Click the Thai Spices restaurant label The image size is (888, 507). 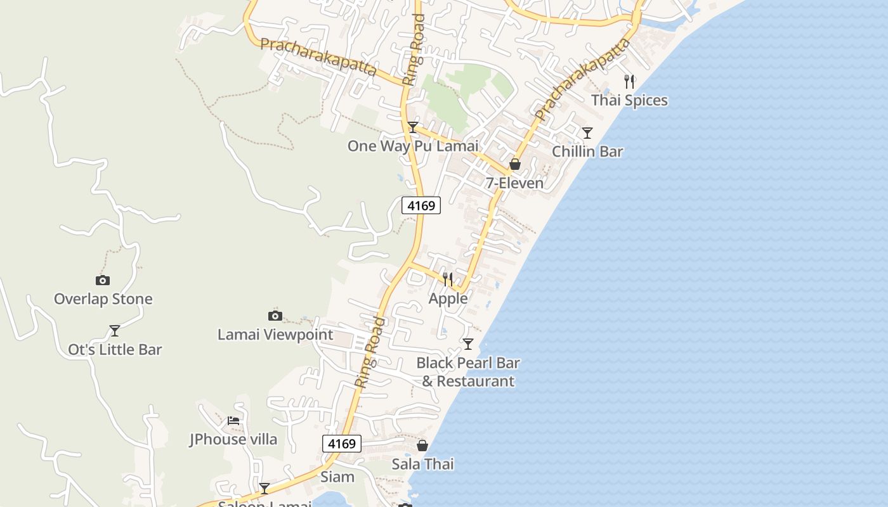pyautogui.click(x=629, y=100)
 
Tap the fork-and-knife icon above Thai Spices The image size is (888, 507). pyautogui.click(x=629, y=81)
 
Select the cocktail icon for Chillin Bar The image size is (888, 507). pyautogui.click(x=587, y=133)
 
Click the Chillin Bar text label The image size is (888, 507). pyautogui.click(x=587, y=151)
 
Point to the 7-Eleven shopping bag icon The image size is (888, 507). pyautogui.click(x=515, y=165)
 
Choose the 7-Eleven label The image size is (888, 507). pyautogui.click(x=514, y=183)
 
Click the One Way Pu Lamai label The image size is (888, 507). pyautogui.click(x=413, y=146)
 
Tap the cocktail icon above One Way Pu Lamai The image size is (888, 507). pyautogui.click(x=413, y=127)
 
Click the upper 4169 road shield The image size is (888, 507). pyautogui.click(x=421, y=205)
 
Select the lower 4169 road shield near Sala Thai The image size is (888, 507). pyautogui.click(x=342, y=444)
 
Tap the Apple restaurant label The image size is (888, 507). pyautogui.click(x=448, y=298)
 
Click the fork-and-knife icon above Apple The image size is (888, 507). pyautogui.click(x=448, y=279)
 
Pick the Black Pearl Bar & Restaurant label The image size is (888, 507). pyautogui.click(x=468, y=372)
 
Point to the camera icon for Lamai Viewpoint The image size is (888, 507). pyautogui.click(x=275, y=316)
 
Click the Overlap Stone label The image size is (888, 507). pyautogui.click(x=103, y=299)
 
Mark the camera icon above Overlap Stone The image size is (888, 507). pyautogui.click(x=102, y=280)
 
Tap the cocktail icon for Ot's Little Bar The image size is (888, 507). pyautogui.click(x=115, y=331)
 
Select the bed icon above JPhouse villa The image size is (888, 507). pyautogui.click(x=233, y=420)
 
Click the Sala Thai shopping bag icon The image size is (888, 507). pyautogui.click(x=422, y=446)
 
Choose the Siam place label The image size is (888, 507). pyautogui.click(x=337, y=477)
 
